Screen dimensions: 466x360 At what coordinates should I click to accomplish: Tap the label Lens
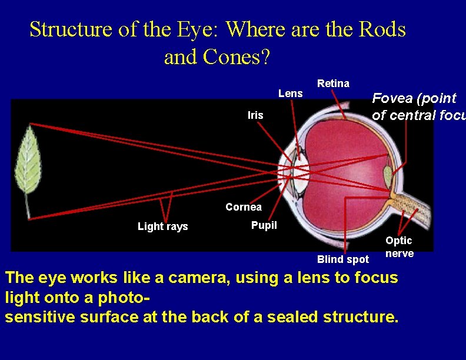(x=290, y=94)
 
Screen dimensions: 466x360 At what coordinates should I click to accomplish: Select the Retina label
(x=333, y=84)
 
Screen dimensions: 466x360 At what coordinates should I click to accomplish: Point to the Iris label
(x=255, y=115)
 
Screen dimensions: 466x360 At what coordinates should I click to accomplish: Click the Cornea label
(x=244, y=207)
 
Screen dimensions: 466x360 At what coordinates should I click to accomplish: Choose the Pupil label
(x=264, y=225)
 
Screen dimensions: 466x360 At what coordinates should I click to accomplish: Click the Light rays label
(x=162, y=226)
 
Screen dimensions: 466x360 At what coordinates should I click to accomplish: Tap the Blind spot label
(x=342, y=259)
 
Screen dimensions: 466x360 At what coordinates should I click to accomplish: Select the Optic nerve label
(x=400, y=247)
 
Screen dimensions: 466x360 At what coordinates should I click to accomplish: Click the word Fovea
(x=392, y=98)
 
